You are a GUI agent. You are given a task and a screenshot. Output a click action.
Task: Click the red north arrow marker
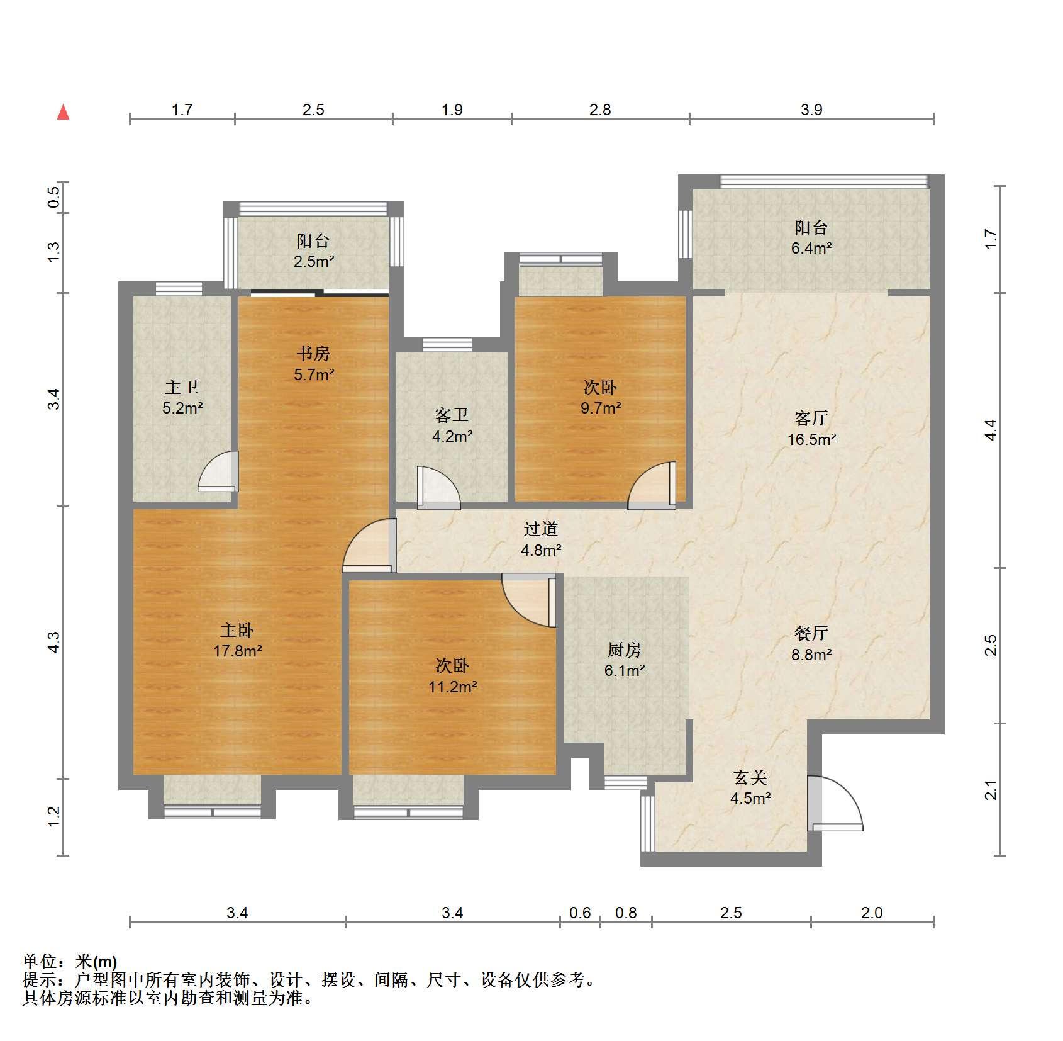pos(63,113)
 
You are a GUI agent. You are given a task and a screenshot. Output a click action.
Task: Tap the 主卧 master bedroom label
pos(237,630)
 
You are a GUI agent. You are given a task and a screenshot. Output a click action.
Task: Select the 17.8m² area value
pos(237,651)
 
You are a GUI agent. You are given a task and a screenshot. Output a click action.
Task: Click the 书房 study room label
pos(313,353)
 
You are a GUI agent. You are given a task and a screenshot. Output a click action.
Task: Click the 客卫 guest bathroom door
pos(438,487)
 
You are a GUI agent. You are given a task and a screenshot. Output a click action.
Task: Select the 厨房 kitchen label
pos(624,650)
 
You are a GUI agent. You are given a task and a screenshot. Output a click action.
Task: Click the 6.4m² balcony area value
pos(811,248)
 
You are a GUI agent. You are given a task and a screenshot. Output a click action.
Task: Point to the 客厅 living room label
pos(811,418)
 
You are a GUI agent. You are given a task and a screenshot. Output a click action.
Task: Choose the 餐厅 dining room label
pos(811,633)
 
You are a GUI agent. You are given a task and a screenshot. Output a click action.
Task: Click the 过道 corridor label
pos(541,529)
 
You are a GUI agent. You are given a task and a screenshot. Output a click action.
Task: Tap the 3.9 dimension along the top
pos(811,110)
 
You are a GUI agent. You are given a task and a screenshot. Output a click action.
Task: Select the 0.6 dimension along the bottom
pos(580,913)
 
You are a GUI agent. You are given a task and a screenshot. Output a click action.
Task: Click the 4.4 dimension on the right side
pos(991,430)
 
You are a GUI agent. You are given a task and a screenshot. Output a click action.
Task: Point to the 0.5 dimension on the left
pos(54,198)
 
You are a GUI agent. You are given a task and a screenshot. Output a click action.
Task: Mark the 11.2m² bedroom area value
pos(452,687)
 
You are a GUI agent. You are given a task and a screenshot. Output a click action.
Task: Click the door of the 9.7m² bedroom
pos(652,485)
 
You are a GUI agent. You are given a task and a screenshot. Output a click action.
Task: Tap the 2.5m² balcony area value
pos(313,261)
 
